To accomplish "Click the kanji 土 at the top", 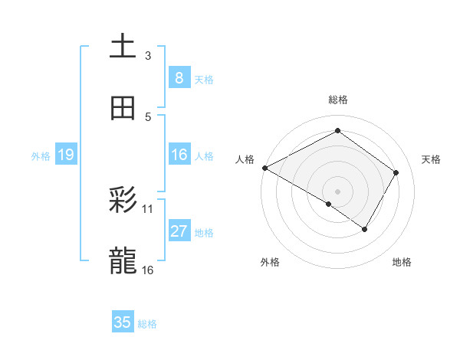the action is point(123,47).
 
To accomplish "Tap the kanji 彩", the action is point(123,201).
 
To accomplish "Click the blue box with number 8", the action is point(179,77).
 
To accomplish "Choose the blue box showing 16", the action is point(179,155).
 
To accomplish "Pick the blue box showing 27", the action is point(179,232).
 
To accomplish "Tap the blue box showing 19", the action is point(65,155).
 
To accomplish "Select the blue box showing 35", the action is point(123,322).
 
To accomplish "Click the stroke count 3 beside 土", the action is point(148,55).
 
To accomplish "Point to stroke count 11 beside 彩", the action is point(148,208).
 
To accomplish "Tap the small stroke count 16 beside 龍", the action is point(148,270).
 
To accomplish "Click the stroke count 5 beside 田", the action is point(148,117).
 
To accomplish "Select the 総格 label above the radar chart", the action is point(337,100).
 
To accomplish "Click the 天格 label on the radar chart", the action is point(431,159).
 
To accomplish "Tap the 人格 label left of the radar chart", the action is point(245,159).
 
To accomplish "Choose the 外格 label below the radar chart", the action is point(270,262).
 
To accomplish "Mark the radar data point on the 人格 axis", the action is point(264,168).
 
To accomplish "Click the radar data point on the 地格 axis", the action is point(365,229).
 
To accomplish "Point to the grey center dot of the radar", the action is point(337,191).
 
